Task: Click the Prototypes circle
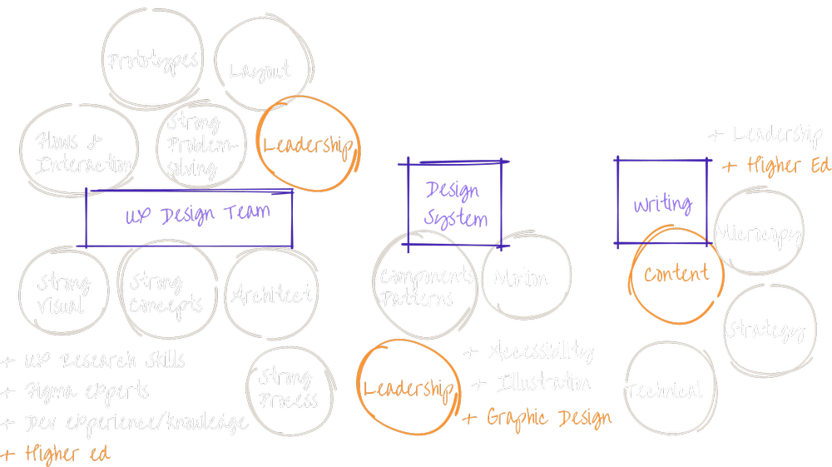click(152, 61)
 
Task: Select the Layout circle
click(260, 70)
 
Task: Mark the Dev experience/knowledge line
click(125, 422)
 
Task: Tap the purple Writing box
click(662, 203)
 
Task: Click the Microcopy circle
click(758, 234)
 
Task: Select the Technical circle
click(663, 390)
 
